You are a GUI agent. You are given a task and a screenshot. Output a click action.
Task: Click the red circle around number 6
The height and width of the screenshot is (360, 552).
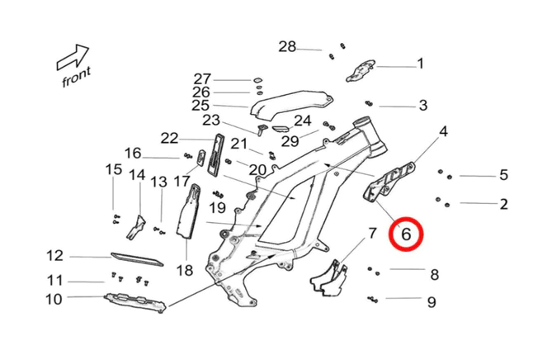406,234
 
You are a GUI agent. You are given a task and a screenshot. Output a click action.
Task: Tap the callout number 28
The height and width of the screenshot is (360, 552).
286,46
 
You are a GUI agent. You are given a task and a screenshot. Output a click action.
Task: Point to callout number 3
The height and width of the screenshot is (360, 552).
422,105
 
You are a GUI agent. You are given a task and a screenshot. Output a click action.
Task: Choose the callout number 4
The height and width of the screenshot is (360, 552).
443,131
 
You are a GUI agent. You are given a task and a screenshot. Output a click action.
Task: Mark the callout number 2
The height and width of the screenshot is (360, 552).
503,203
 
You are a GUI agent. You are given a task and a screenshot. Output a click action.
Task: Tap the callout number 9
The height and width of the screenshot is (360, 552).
431,301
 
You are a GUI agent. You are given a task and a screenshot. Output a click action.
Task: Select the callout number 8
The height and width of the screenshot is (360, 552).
433,274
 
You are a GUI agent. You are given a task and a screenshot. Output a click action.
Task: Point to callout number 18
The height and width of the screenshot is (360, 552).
184,270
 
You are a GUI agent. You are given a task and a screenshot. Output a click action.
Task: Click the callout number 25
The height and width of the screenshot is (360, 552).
201,106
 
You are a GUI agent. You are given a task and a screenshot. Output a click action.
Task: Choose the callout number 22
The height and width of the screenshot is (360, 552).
169,137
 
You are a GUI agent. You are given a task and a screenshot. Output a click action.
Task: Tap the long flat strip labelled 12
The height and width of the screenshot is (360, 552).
136,259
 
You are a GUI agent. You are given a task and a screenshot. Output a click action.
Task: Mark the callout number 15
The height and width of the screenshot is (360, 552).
113,169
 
